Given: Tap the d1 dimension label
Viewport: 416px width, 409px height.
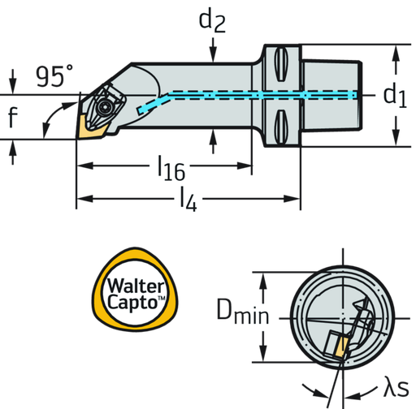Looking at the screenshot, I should pos(396,95).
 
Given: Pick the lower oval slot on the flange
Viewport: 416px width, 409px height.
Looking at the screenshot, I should pos(281,127).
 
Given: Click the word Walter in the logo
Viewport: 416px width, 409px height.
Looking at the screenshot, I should pos(136,286).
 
